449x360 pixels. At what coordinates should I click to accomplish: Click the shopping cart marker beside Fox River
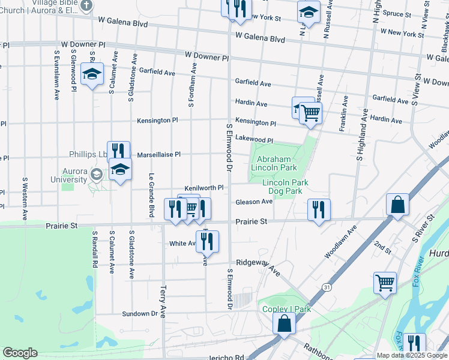[x=385, y=282]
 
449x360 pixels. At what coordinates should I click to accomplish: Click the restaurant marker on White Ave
[x=207, y=241]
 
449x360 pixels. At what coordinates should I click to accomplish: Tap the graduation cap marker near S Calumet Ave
[x=92, y=74]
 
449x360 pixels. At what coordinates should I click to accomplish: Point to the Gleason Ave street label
[x=254, y=202]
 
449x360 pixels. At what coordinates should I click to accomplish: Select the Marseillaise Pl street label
[x=159, y=154]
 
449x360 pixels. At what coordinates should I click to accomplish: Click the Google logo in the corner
[x=20, y=353]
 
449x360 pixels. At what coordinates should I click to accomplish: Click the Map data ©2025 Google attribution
[x=412, y=355]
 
